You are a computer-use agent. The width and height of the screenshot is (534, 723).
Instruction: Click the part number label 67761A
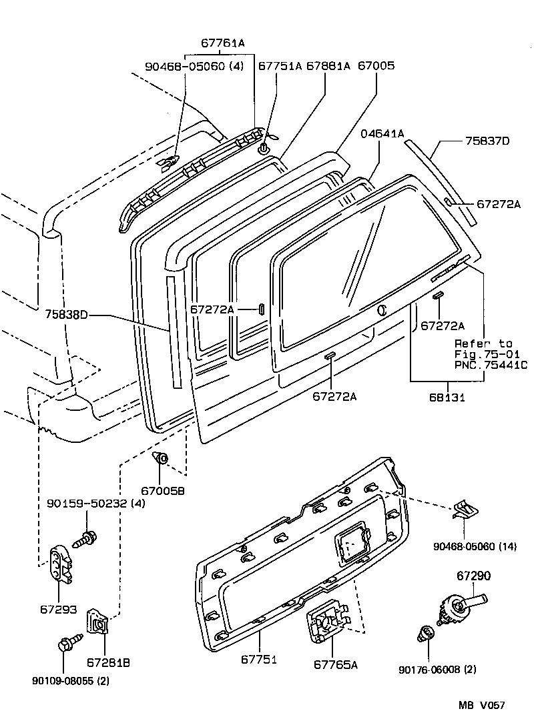click(223, 43)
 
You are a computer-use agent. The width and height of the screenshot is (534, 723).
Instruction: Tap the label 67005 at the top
click(376, 66)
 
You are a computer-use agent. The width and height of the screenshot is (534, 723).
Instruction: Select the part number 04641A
click(382, 133)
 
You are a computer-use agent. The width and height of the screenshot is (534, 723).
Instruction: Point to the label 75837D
click(487, 141)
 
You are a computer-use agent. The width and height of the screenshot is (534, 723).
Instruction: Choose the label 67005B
click(162, 490)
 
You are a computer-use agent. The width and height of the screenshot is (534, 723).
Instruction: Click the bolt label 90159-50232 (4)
click(95, 503)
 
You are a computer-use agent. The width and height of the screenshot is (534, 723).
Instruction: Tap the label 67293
click(59, 609)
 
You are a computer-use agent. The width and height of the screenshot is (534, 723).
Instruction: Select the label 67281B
click(107, 662)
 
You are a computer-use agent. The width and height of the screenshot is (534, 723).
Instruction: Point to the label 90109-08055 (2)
click(70, 681)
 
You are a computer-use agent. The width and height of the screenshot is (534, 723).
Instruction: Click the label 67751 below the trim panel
click(259, 659)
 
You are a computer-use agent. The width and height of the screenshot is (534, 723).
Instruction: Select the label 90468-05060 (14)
click(475, 546)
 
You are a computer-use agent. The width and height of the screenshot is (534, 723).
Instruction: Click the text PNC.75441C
click(491, 365)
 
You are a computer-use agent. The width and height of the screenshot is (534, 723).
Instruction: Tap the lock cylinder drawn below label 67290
click(462, 606)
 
